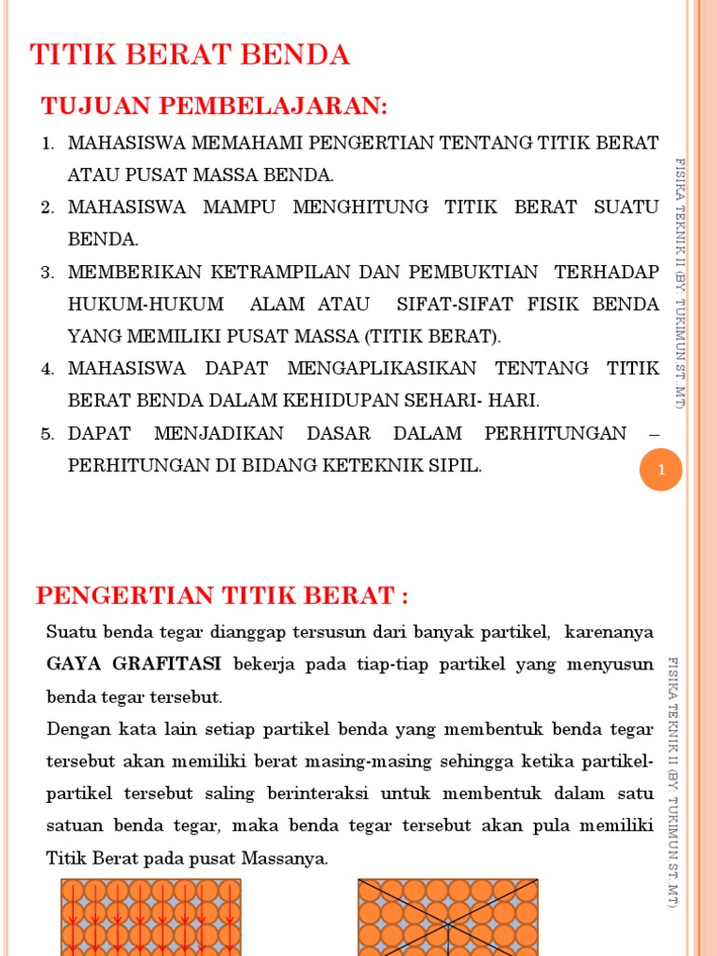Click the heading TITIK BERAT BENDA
tap(190, 55)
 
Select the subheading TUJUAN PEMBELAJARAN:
tap(214, 106)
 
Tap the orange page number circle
tap(661, 470)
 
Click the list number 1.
tap(48, 144)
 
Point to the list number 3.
tap(48, 273)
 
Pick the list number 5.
tap(48, 434)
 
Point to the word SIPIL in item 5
tap(454, 466)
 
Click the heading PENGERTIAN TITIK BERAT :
tap(222, 595)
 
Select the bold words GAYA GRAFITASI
tap(134, 664)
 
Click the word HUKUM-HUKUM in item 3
tap(146, 304)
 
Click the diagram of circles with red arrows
tap(150, 917)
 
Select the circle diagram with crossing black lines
tap(448, 917)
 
